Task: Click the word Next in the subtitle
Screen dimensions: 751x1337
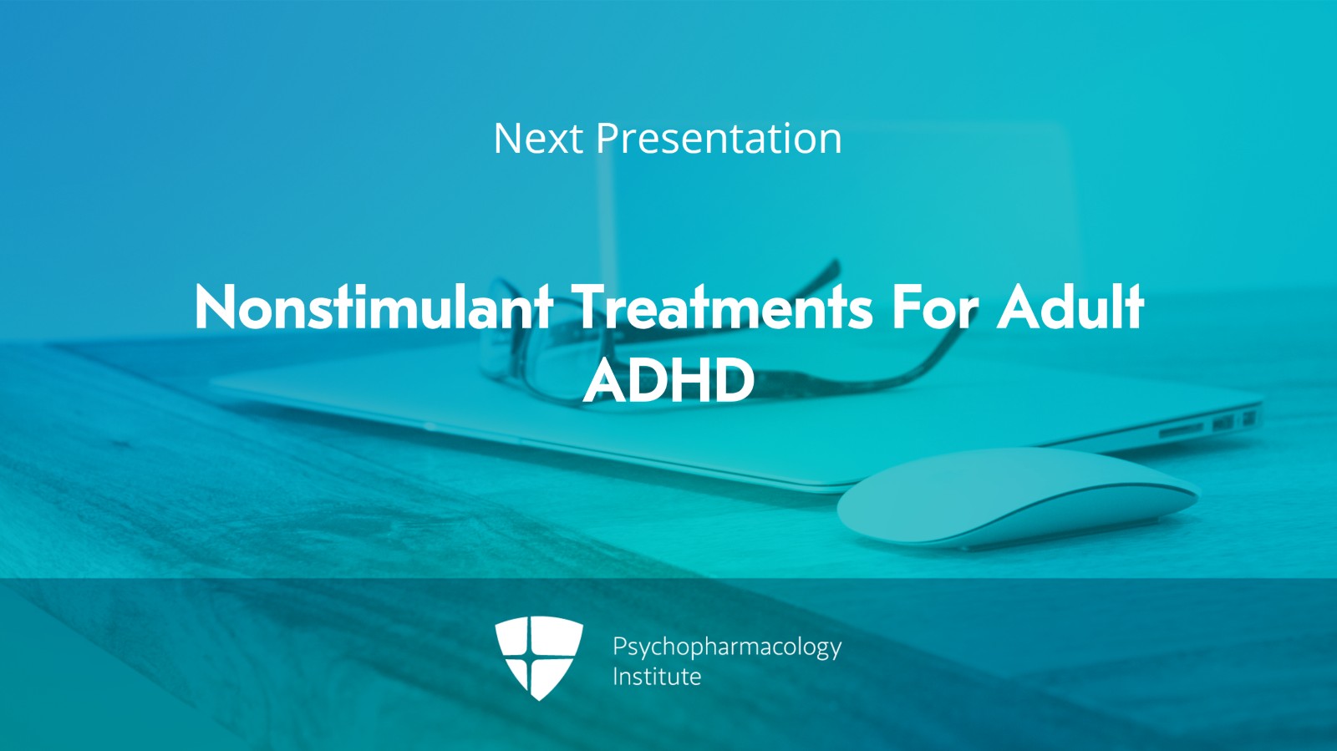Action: pos(537,139)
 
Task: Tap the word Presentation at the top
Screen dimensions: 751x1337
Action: pos(718,139)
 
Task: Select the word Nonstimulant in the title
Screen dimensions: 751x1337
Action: pos(373,307)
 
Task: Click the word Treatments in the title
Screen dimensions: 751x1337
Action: pos(722,307)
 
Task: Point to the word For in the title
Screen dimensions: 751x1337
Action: pos(934,307)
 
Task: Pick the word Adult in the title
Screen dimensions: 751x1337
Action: pos(1070,307)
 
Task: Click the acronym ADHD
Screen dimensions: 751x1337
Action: pos(668,381)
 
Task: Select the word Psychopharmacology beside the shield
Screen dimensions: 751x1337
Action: pos(726,647)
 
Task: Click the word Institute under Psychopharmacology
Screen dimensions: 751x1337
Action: pos(656,677)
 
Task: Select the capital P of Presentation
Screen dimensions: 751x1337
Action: pos(607,139)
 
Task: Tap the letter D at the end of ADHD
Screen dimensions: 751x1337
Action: pos(735,381)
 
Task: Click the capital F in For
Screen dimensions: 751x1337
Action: pos(907,307)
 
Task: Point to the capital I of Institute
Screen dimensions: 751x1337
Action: pos(616,677)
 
